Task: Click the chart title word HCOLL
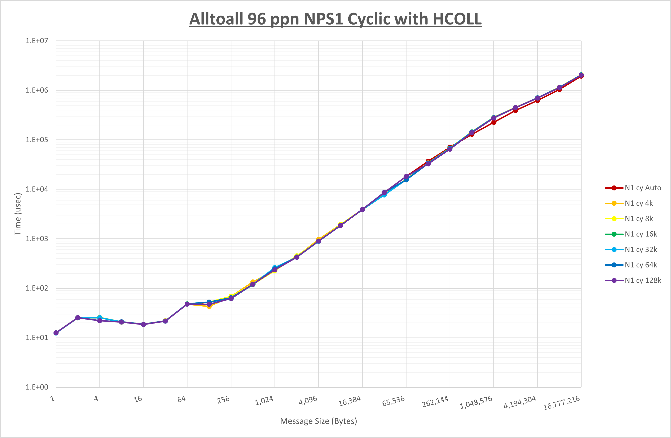tap(457, 19)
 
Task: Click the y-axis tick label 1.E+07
tap(37, 41)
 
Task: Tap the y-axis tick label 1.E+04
tap(37, 189)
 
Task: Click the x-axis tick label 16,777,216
tap(561, 403)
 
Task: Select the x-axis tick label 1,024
tap(264, 400)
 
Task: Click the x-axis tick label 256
tap(223, 400)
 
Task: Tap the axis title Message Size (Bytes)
tap(318, 421)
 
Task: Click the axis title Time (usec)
tap(18, 214)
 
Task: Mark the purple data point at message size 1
tap(56, 333)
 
